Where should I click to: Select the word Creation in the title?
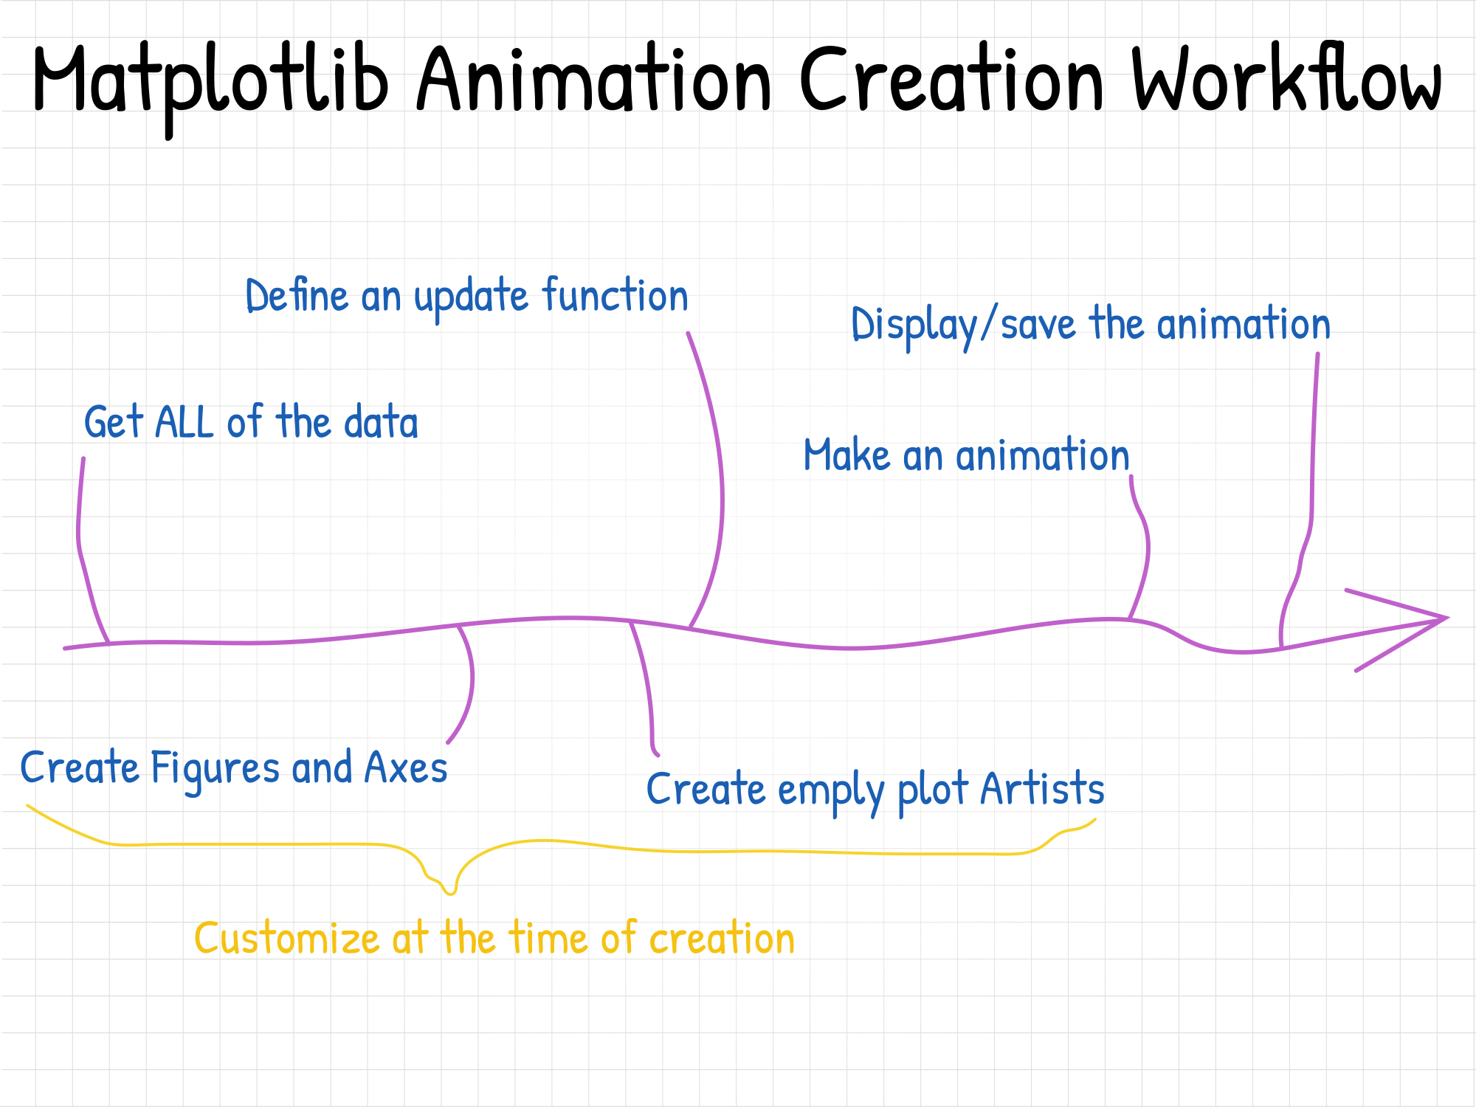[952, 78]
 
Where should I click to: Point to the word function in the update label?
[615, 297]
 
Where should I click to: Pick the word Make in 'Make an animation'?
[846, 455]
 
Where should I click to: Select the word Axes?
[406, 768]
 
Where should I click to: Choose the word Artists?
[1042, 789]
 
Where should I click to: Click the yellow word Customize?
[286, 939]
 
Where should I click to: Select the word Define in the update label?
[297, 297]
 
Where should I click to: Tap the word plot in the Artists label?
[932, 790]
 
